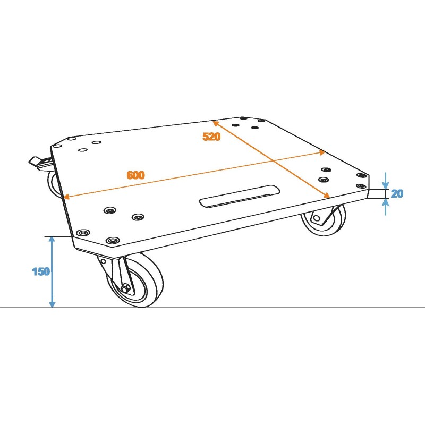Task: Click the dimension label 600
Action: point(135,175)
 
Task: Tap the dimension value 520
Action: point(211,137)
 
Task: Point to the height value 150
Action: point(40,271)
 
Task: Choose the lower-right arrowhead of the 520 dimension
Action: point(328,195)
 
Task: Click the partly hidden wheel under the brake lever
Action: point(54,183)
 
